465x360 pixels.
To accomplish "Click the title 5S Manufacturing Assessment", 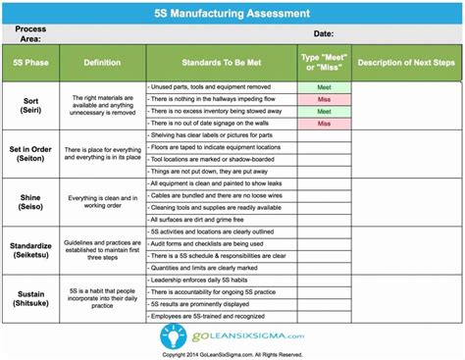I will [232, 14].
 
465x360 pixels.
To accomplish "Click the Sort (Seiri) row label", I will [35, 105].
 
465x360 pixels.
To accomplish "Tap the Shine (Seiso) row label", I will [35, 201].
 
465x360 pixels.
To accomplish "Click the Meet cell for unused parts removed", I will [324, 87].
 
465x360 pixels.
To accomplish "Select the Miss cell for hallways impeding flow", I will [324, 99].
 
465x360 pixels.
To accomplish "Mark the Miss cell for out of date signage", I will [324, 124].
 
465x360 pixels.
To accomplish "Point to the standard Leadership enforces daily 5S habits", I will [209, 281].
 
